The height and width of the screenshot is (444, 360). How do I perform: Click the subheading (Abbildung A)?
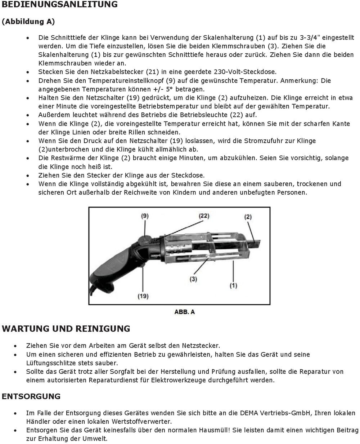click(x=28, y=22)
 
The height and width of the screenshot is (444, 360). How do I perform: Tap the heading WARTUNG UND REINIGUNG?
click(x=66, y=329)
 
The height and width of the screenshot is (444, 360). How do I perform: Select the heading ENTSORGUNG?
click(x=31, y=396)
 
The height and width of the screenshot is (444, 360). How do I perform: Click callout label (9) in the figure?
click(x=144, y=216)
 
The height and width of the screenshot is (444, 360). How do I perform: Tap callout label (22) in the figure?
click(x=204, y=216)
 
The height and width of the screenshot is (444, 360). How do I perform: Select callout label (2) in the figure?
click(x=248, y=217)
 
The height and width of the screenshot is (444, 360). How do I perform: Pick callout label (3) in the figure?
click(x=193, y=279)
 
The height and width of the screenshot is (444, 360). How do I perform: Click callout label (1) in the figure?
click(x=233, y=285)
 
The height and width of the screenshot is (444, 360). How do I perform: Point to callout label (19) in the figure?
click(x=143, y=296)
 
